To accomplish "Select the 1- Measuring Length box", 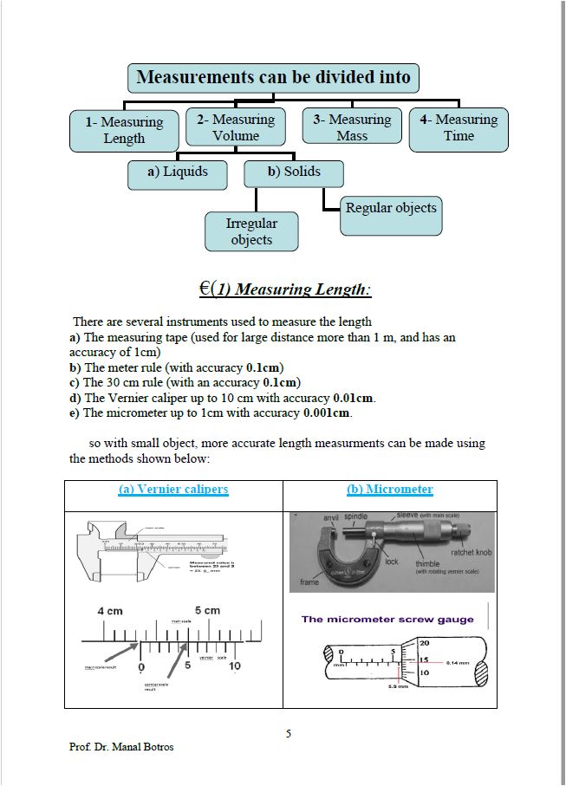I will (x=124, y=130).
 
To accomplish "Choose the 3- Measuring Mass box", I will (x=352, y=127).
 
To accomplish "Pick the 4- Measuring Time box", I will (x=459, y=127).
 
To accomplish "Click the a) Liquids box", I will (x=178, y=172).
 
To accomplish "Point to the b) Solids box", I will (x=294, y=172).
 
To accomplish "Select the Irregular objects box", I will (x=251, y=231).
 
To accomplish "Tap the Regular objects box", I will (x=391, y=208).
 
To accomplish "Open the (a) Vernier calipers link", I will (x=173, y=490).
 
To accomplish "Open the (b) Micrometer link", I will (x=390, y=490).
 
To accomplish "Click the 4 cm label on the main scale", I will (x=110, y=611).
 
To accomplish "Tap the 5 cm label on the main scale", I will (x=207, y=610).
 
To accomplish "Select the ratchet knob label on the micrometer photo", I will (x=472, y=552).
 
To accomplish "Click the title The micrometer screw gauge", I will (x=387, y=619).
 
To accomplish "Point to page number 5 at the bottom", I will (x=289, y=734).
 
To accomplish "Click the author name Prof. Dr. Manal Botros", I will (x=121, y=747).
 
